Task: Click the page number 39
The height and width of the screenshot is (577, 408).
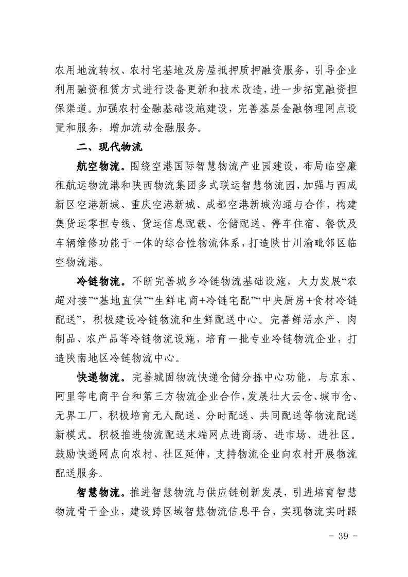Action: click(343, 536)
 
